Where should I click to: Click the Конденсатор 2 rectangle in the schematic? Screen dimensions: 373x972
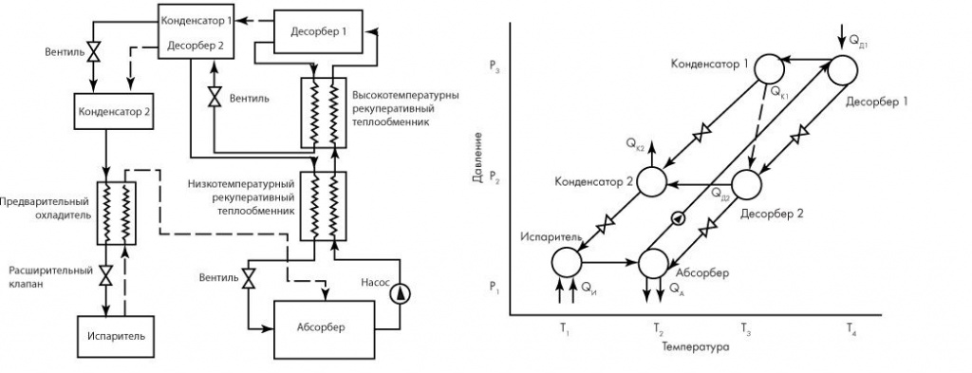pyautogui.click(x=113, y=111)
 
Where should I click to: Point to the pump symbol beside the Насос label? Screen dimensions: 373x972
pyautogui.click(x=401, y=293)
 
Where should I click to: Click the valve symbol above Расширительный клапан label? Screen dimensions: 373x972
pyautogui.click(x=105, y=277)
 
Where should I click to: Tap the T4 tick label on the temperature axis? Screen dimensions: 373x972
pyautogui.click(x=851, y=327)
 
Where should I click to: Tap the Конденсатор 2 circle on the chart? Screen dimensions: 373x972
pyautogui.click(x=651, y=182)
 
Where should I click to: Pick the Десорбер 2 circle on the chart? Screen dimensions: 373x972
pyautogui.click(x=746, y=184)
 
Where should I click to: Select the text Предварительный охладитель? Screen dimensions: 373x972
pyautogui.click(x=46, y=208)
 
